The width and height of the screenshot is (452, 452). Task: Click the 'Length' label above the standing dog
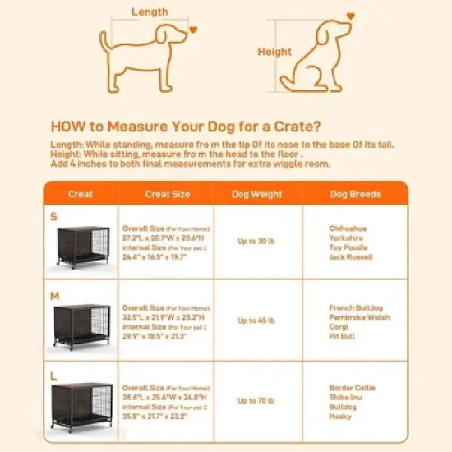pyautogui.click(x=149, y=12)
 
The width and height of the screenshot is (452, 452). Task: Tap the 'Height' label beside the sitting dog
pyautogui.click(x=274, y=51)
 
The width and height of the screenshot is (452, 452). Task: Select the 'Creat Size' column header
pyautogui.click(x=167, y=195)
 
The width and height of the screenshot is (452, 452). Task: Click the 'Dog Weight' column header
pyautogui.click(x=258, y=195)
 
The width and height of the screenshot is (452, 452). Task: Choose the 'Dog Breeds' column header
pyautogui.click(x=355, y=195)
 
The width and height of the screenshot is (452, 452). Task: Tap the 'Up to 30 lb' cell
pyautogui.click(x=257, y=241)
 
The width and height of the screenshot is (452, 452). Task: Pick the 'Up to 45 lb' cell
pyautogui.click(x=257, y=321)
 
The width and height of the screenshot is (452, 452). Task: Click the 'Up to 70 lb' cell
pyautogui.click(x=257, y=400)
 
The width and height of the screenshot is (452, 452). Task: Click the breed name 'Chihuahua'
pyautogui.click(x=348, y=228)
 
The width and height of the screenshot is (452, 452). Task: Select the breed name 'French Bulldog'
pyautogui.click(x=355, y=307)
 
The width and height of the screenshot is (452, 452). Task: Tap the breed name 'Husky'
pyautogui.click(x=340, y=417)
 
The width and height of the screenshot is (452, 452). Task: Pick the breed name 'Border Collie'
pyautogui.click(x=352, y=387)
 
